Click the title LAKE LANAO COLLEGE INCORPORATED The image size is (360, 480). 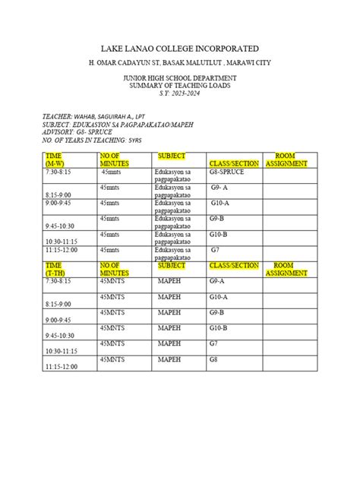click(179, 48)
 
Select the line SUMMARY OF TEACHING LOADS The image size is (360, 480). click(179, 85)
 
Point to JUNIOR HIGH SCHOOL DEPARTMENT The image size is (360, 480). click(179, 77)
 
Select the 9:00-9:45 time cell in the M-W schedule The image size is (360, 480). click(62, 204)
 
